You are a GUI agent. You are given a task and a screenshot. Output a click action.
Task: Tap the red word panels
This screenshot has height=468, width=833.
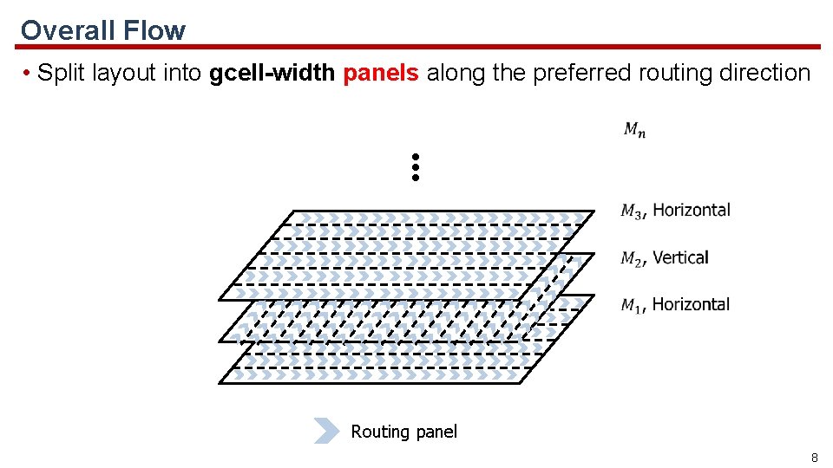coord(381,73)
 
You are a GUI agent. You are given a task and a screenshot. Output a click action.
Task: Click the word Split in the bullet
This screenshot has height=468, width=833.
coord(62,73)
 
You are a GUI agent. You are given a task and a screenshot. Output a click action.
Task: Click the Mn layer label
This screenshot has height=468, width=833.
coord(634,130)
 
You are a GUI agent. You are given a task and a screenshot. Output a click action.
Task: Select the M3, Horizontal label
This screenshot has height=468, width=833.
coord(676,210)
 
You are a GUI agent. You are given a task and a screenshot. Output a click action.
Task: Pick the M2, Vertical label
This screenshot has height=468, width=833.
coord(665,257)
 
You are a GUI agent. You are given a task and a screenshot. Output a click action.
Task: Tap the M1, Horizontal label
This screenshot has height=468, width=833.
coord(675,304)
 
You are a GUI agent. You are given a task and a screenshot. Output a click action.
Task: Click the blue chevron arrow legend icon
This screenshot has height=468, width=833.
coord(326,431)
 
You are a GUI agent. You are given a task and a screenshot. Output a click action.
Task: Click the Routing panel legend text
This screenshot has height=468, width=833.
coord(403,432)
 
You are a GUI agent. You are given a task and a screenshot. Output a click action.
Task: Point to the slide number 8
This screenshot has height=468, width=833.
coord(814,457)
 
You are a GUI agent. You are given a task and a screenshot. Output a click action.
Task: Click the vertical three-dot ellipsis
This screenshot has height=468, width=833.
coord(416,167)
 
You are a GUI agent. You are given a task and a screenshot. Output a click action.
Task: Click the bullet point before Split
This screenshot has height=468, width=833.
coord(29,74)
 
